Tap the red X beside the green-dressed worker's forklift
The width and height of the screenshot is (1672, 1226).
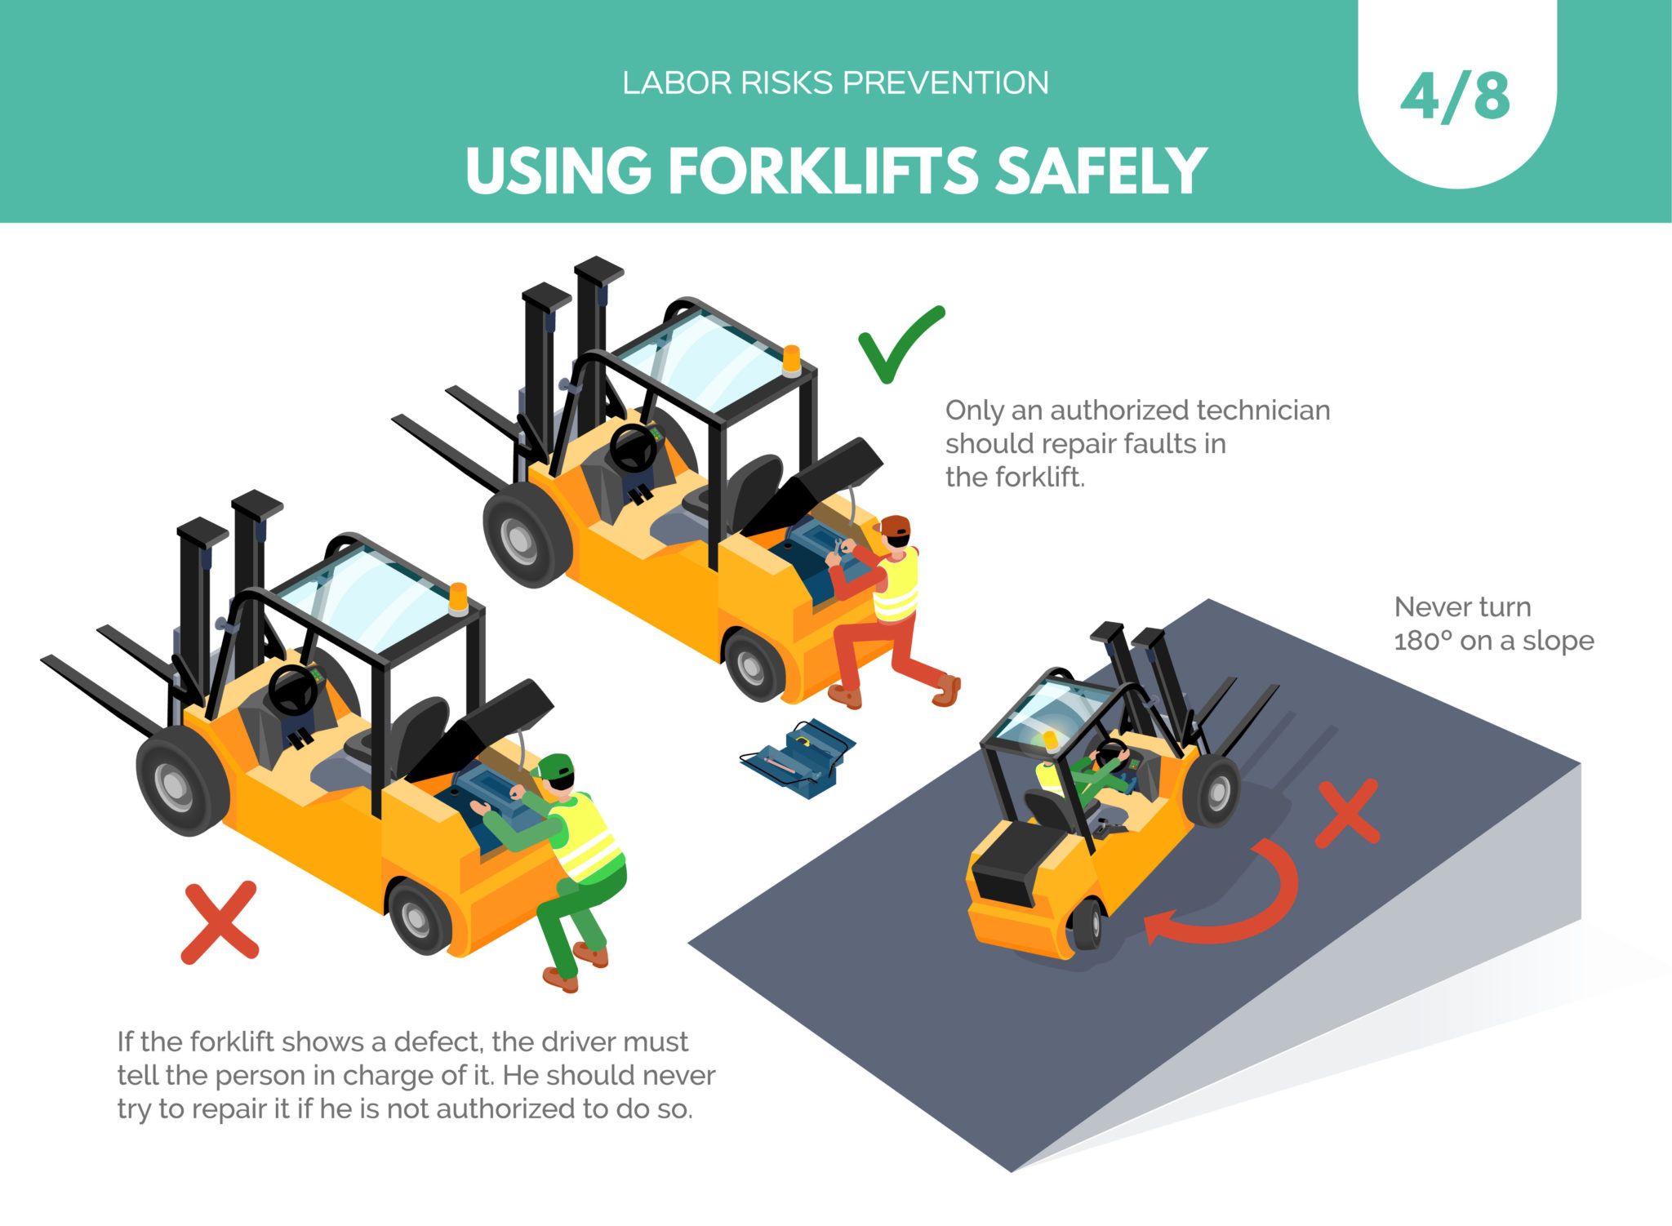[x=220, y=922]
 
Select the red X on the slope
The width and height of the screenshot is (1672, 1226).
[x=1348, y=812]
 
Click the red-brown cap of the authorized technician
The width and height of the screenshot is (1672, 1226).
[x=896, y=525]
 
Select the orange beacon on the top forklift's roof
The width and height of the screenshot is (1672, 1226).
[x=791, y=360]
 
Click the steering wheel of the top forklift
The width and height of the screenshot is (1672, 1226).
[x=633, y=447]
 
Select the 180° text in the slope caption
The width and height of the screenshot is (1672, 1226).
[x=1422, y=642]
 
